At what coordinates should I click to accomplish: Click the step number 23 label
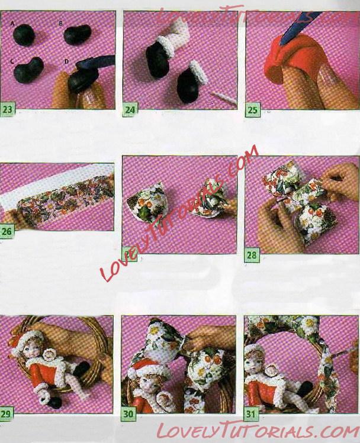pyautogui.click(x=7, y=109)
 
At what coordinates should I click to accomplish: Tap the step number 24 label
pyautogui.click(x=130, y=109)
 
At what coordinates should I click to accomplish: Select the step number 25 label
pyautogui.click(x=253, y=109)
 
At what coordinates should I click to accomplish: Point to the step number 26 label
pyautogui.click(x=7, y=232)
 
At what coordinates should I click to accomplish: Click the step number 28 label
pyautogui.click(x=252, y=255)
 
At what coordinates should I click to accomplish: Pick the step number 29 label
pyautogui.click(x=6, y=414)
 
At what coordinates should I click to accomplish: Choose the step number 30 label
pyautogui.click(x=128, y=414)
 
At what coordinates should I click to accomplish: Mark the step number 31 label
pyautogui.click(x=251, y=415)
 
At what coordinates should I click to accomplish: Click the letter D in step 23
pyautogui.click(x=66, y=61)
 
